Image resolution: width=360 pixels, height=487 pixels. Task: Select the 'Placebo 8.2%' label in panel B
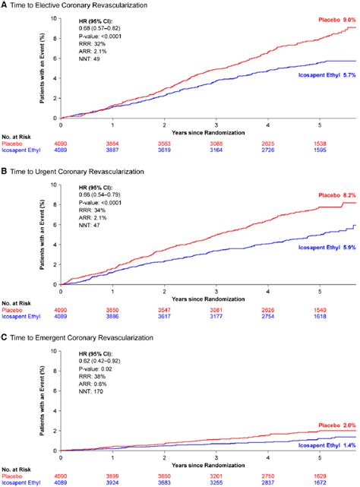333,194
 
